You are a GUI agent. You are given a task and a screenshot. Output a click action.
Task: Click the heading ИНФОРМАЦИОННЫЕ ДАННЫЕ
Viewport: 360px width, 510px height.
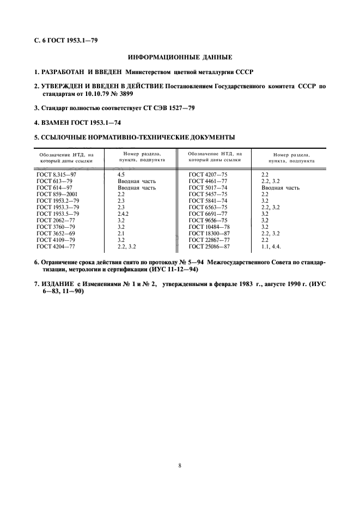pos(180,57)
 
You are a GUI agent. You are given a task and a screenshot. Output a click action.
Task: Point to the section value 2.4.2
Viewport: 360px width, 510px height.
pos(124,214)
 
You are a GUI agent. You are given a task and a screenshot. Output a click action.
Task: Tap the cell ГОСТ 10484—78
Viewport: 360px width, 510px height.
pos(209,227)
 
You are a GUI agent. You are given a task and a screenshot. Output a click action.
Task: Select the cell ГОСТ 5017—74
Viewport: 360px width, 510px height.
pos(207,188)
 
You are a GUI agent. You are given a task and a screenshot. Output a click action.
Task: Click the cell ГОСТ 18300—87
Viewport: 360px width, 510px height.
pos(209,233)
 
